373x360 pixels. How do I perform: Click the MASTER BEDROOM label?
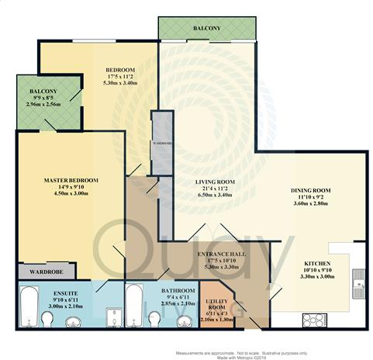click(71, 181)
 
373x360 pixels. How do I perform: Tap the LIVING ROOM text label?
click(215, 182)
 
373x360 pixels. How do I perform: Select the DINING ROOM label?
click(311, 190)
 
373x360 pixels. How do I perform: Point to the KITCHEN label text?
click(318, 263)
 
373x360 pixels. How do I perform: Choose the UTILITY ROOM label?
click(216, 304)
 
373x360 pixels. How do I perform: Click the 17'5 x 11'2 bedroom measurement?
click(121, 78)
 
